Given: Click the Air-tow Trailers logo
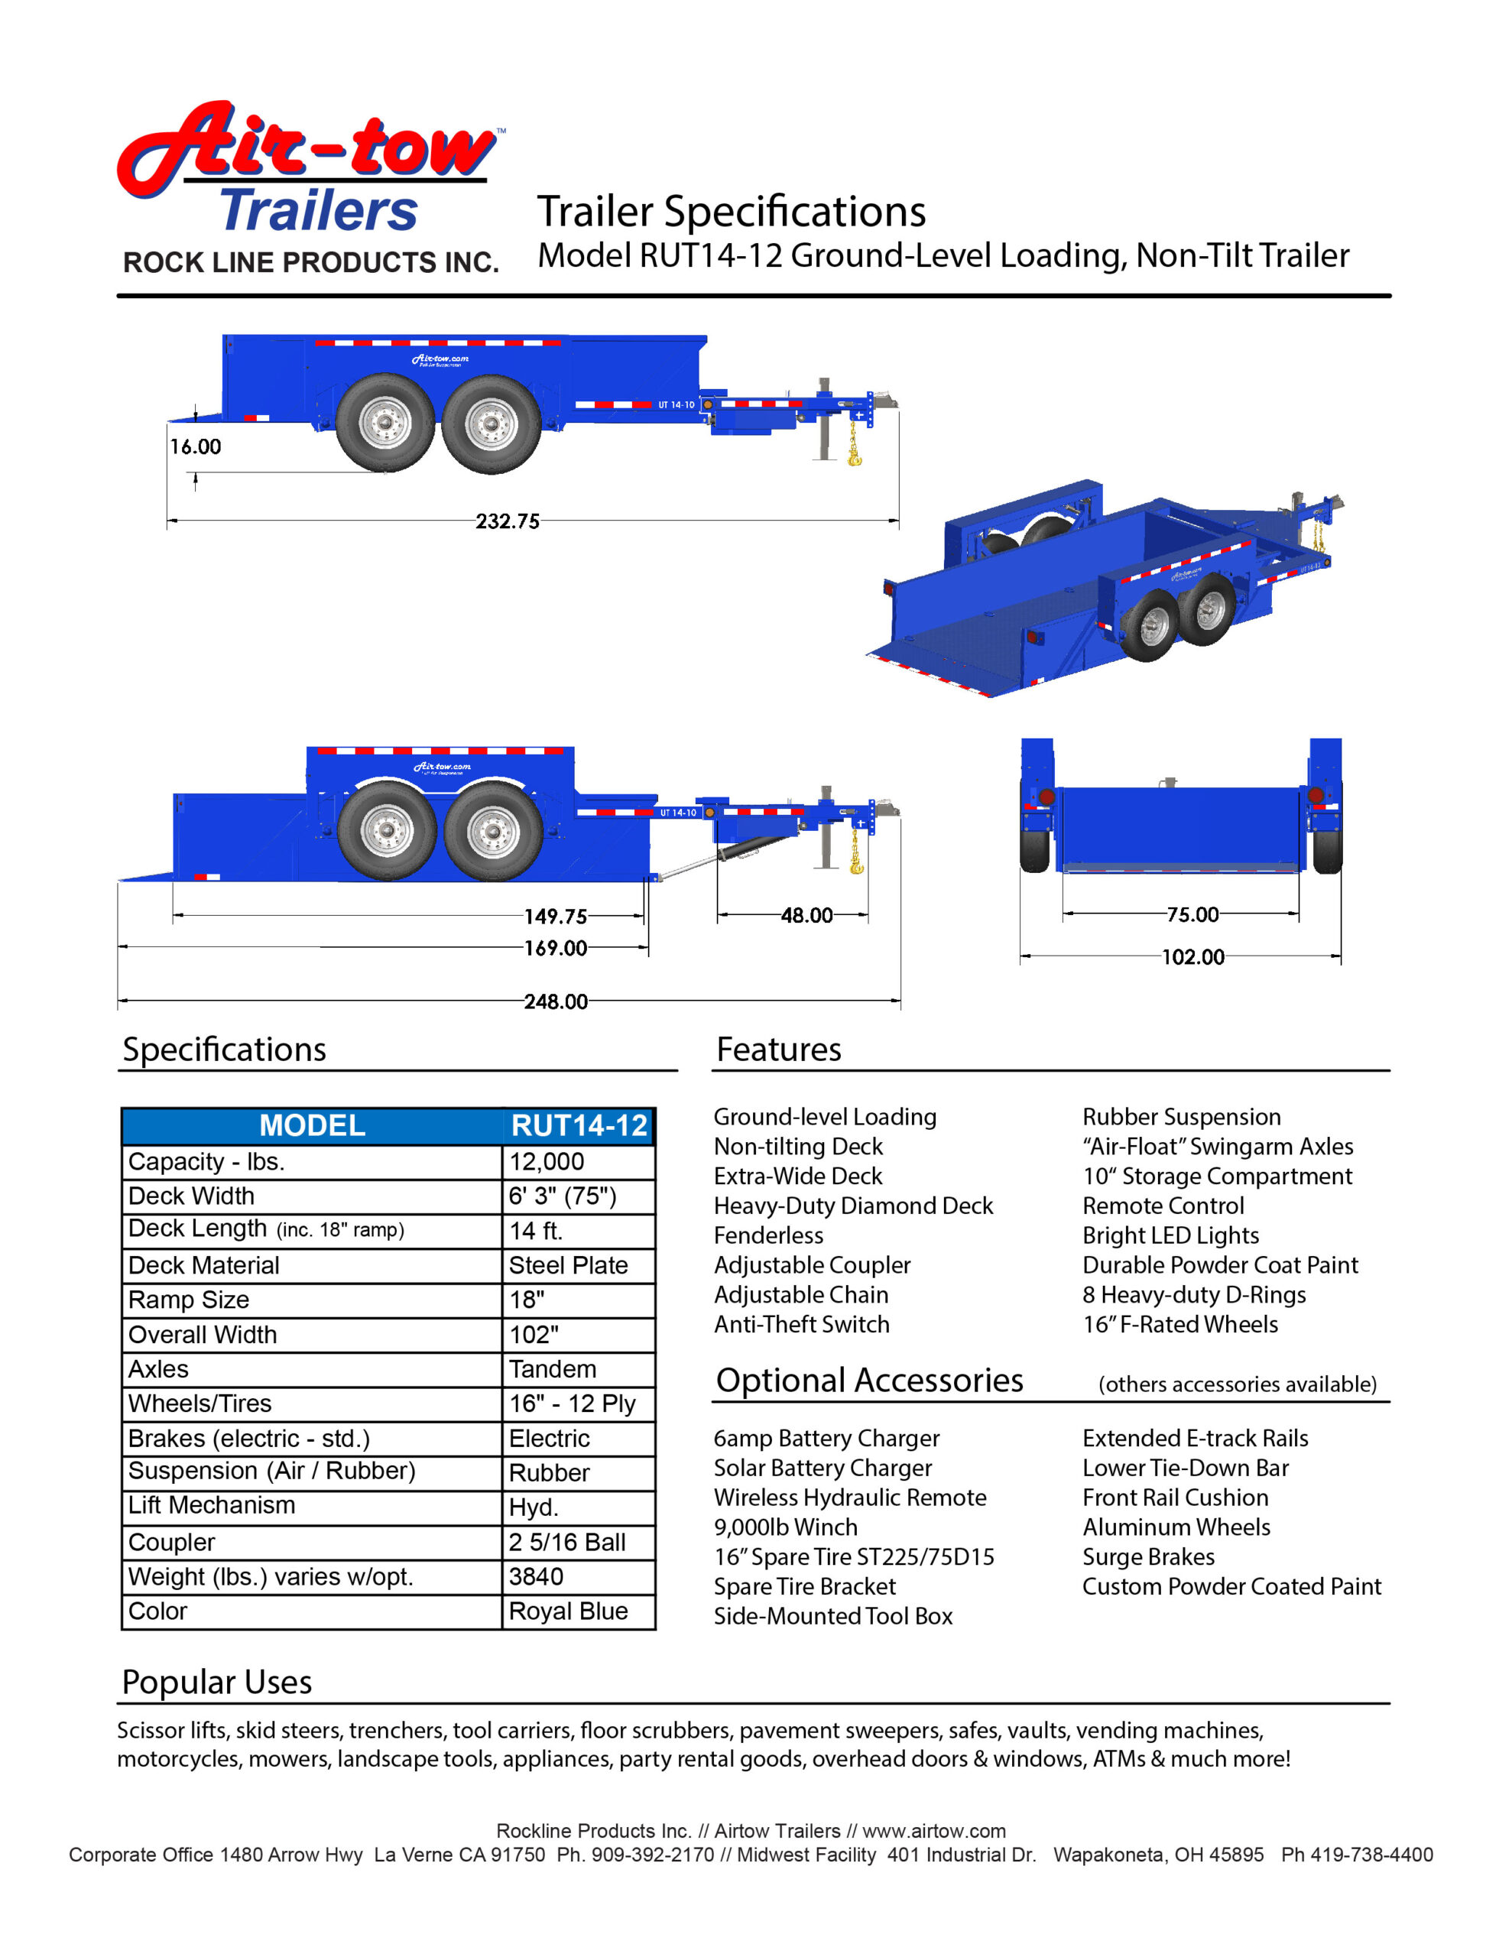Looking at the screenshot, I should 310,170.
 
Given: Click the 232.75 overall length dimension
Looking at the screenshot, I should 508,521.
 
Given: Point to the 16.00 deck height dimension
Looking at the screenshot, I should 196,446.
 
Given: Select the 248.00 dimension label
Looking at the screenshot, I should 556,1001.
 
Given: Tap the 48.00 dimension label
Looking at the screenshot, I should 806,915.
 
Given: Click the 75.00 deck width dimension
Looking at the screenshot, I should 1192,914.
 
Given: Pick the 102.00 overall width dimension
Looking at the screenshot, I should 1193,956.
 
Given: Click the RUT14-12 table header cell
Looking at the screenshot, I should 579,1125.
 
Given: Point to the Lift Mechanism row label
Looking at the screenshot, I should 212,1505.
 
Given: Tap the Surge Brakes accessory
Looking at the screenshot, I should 1148,1556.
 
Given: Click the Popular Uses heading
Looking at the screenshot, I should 217,1682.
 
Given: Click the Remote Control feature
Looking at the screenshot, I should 1163,1206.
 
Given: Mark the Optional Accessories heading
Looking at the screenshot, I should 868,1381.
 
